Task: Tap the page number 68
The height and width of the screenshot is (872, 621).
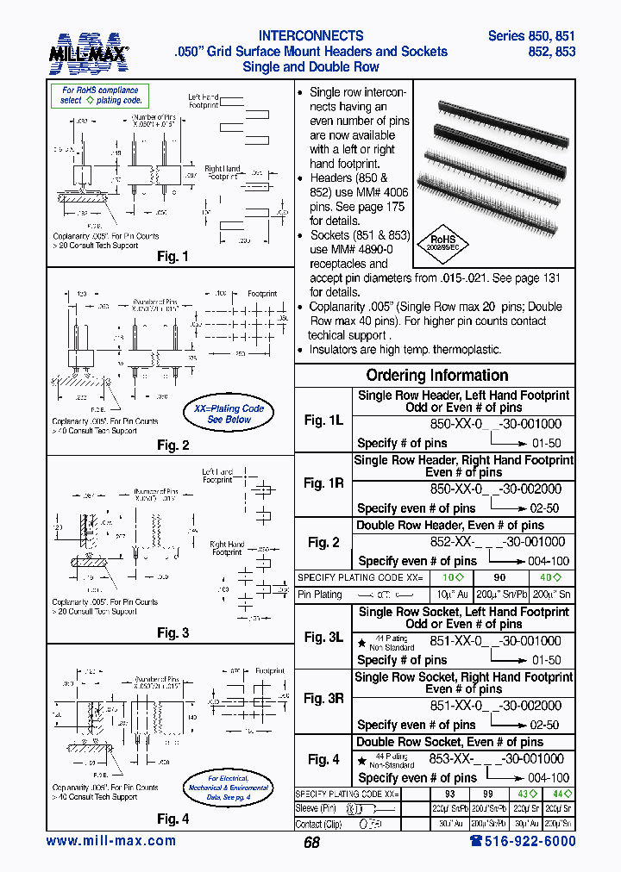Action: (x=311, y=843)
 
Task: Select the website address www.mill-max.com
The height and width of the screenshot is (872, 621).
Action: (x=110, y=841)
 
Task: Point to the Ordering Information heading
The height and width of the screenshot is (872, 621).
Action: (x=436, y=376)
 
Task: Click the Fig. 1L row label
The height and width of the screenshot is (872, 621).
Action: (x=323, y=420)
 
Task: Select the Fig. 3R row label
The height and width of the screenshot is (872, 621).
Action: (x=323, y=699)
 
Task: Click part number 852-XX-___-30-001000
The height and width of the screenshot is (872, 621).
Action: (x=498, y=542)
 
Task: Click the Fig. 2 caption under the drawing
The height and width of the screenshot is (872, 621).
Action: (x=172, y=445)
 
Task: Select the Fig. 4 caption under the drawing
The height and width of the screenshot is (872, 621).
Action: (x=172, y=819)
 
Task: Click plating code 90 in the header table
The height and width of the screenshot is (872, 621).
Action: (x=499, y=577)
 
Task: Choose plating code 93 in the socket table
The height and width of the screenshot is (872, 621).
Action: (x=449, y=793)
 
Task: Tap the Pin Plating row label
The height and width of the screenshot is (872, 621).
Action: (x=320, y=595)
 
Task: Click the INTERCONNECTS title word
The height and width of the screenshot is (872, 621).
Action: (x=311, y=36)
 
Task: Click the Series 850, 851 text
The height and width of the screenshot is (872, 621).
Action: (x=531, y=36)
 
